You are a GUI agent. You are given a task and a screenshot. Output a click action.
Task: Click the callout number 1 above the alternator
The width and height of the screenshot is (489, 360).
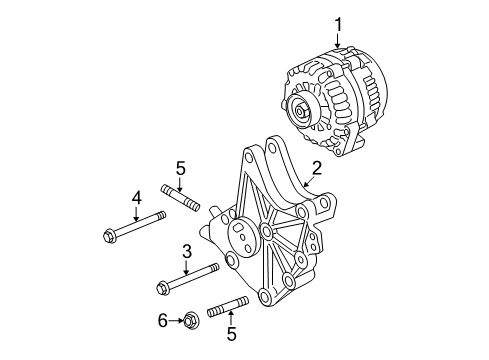[x=338, y=22]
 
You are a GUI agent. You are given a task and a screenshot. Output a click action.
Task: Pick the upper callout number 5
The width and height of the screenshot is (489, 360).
[x=180, y=167]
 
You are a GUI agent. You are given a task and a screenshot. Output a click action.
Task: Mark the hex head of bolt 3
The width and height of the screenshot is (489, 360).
[x=162, y=290]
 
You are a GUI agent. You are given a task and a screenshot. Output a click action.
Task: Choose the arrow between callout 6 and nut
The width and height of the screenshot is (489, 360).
[x=176, y=321]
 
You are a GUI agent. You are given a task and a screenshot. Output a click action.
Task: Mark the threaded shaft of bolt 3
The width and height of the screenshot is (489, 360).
[x=196, y=276]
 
